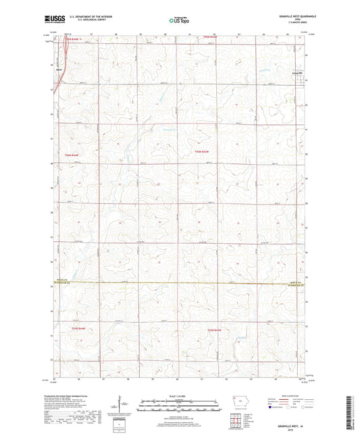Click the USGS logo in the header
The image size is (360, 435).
click(52, 18)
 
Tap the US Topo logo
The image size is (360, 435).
click(178, 21)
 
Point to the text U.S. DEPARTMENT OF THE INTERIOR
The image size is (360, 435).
click(86, 16)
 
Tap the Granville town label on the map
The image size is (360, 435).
click(295, 74)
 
